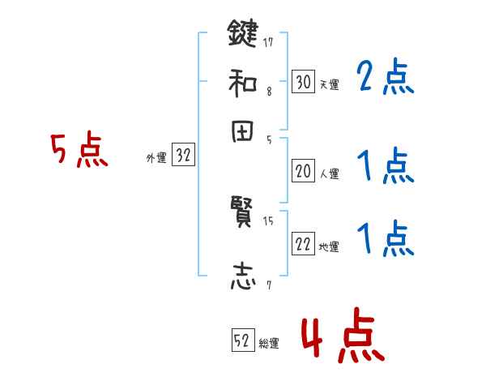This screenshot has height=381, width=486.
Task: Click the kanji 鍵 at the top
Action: click(x=242, y=35)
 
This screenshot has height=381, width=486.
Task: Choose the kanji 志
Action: click(x=242, y=278)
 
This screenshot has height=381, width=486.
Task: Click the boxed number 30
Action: click(x=303, y=81)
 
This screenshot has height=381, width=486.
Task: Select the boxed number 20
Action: click(x=303, y=171)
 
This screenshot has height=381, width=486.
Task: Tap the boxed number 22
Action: click(x=303, y=245)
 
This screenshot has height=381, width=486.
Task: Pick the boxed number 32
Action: click(x=183, y=156)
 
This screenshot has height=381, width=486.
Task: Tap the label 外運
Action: click(x=156, y=159)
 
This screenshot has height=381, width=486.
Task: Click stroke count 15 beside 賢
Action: click(x=268, y=220)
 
